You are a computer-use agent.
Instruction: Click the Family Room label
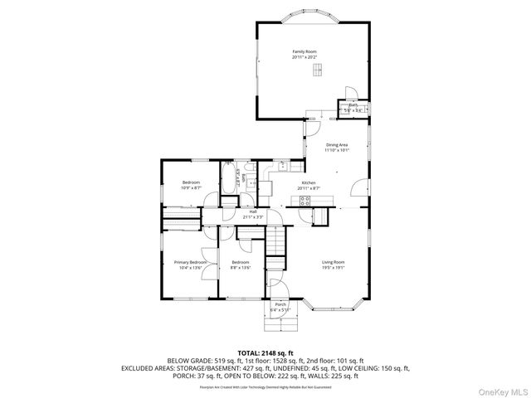tap(304, 51)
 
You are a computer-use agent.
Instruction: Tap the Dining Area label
tap(336, 145)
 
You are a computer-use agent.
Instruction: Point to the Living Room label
tap(333, 262)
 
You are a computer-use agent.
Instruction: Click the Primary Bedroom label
tap(191, 262)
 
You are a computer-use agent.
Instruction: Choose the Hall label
tap(252, 211)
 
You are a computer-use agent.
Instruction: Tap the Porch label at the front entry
tap(280, 305)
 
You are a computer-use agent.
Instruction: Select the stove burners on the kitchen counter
tap(304, 200)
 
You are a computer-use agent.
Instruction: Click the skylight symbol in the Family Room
tap(316, 70)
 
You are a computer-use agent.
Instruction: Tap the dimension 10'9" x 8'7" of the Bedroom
tap(191, 187)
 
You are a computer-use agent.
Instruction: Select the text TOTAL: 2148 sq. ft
tap(265, 352)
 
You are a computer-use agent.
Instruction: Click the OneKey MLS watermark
tap(501, 390)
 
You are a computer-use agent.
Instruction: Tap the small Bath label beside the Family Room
tap(353, 104)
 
